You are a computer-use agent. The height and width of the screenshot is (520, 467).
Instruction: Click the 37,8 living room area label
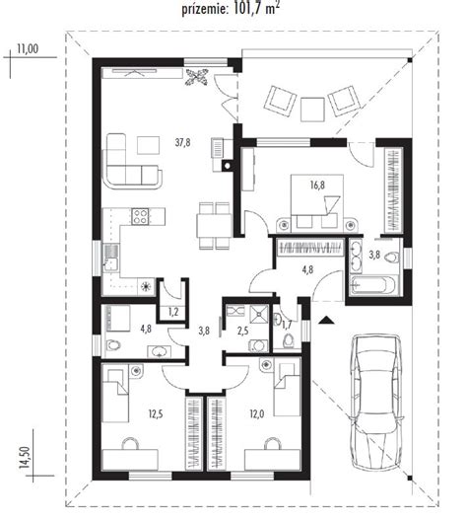coord(183,143)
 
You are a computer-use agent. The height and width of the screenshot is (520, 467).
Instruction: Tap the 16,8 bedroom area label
coord(317,186)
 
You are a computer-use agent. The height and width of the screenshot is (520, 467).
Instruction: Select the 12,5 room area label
coord(156,414)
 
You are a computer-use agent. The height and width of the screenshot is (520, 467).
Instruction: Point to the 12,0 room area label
coord(257,414)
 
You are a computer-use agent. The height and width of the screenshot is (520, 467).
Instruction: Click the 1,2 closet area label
coord(173,312)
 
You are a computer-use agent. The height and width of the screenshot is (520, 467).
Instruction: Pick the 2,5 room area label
coord(242,331)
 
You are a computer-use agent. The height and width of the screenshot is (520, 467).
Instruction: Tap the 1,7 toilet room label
coord(287,325)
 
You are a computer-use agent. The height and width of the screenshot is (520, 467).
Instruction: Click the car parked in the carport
coord(377,402)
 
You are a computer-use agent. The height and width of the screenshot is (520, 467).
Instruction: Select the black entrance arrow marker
coord(326,320)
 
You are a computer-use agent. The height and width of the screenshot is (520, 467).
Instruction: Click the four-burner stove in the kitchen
coord(140,216)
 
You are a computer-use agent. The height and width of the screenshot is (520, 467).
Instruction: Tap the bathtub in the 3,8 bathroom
coord(372,284)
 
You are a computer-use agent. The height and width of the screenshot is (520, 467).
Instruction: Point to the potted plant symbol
coord(197,77)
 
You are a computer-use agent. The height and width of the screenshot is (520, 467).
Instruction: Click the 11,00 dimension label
coord(28,48)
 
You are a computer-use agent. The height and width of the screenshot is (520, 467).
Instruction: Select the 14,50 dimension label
coord(24,457)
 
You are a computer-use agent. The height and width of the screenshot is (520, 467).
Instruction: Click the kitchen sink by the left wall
coord(111,259)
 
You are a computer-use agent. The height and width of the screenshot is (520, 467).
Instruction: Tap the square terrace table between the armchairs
coord(312,110)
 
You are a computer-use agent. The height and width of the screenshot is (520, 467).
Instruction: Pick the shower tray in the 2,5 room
coord(258,314)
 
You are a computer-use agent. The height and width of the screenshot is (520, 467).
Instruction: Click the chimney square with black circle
coord(228,165)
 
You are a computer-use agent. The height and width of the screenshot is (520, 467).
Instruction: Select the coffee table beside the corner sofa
coord(149,145)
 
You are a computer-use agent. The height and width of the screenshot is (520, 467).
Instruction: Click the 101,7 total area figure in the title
coord(246,9)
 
